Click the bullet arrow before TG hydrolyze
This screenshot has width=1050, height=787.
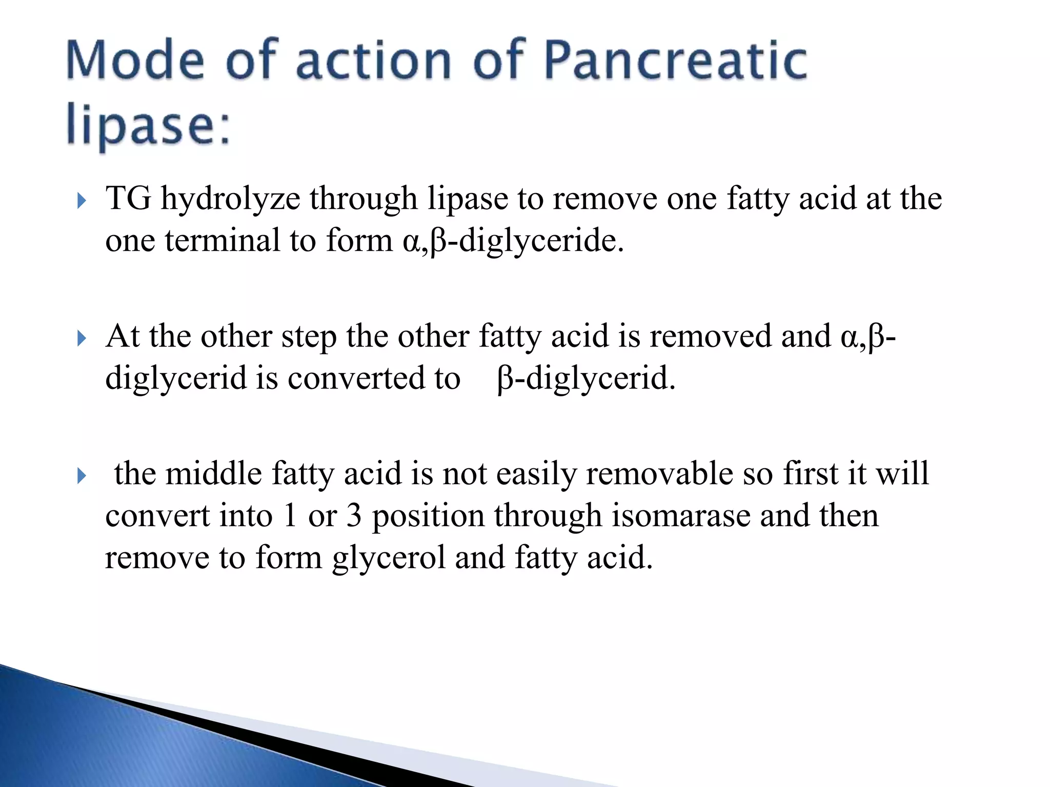coord(81,201)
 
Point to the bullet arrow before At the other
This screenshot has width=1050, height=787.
coord(81,338)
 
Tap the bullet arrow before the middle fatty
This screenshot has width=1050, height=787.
coord(81,476)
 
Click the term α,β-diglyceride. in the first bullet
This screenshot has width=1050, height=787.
coord(513,241)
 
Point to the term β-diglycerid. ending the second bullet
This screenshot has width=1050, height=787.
coord(587,379)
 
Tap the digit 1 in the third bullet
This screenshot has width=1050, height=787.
coord(290,516)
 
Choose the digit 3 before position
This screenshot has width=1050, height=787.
coord(354,516)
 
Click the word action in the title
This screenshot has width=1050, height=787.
coord(374,61)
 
